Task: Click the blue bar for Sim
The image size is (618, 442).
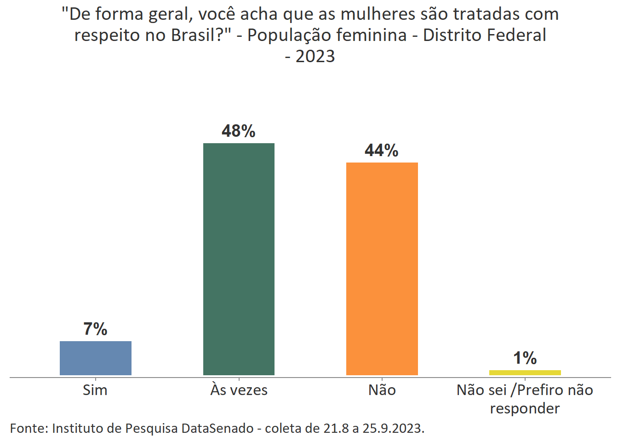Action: click(96, 358)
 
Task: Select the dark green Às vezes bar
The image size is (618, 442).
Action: click(239, 259)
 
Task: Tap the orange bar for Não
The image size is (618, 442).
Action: click(382, 268)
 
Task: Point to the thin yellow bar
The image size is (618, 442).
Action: click(525, 372)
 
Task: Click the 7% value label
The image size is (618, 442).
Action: click(95, 329)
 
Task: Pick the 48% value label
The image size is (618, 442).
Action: click(238, 131)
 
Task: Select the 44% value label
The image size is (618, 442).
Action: click(381, 151)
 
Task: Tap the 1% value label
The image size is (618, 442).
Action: click(525, 358)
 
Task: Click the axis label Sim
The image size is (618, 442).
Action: click(95, 390)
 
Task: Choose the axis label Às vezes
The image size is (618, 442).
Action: click(239, 390)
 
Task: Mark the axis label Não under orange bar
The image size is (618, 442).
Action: click(382, 390)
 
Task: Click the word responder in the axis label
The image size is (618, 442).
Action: click(525, 408)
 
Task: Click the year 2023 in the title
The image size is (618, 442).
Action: click(315, 57)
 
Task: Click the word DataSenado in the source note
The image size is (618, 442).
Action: click(217, 428)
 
